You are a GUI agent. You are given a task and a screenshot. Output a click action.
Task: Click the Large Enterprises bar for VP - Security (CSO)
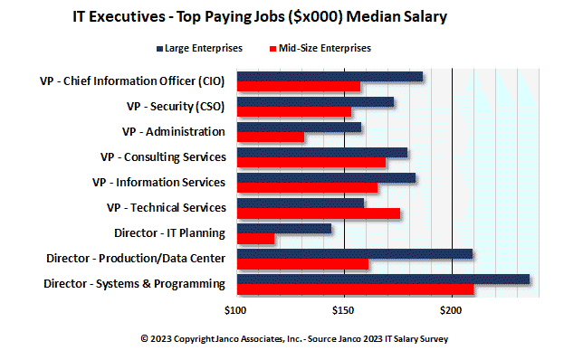click(x=314, y=101)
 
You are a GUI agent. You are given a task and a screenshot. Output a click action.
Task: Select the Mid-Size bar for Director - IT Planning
click(x=254, y=239)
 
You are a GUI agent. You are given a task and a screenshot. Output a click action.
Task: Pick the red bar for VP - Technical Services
click(x=317, y=213)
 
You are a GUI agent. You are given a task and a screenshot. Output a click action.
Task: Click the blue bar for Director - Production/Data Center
click(x=353, y=253)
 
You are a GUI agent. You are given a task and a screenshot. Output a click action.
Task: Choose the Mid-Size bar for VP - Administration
click(x=270, y=137)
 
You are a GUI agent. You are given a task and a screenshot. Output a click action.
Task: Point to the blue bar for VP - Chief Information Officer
click(x=329, y=77)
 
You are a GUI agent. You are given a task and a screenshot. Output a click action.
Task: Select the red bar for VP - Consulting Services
click(x=311, y=163)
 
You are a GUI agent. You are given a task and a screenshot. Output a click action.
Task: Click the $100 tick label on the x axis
click(x=235, y=310)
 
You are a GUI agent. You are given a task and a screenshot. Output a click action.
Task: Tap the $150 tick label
click(x=343, y=310)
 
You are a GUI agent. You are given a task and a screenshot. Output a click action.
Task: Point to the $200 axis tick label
click(x=452, y=310)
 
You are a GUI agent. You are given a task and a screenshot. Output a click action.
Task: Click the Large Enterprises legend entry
click(x=197, y=48)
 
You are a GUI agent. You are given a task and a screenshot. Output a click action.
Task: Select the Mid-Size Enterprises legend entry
click(x=319, y=48)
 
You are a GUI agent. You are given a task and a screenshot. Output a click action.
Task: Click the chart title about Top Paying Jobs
click(x=259, y=17)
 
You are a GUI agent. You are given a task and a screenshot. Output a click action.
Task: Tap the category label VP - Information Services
click(x=158, y=182)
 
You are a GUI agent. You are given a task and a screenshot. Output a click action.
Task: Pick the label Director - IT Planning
click(x=169, y=232)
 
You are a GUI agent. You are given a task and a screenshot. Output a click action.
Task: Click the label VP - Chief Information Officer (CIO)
click(x=132, y=81)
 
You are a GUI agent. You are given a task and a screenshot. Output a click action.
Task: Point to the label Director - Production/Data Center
click(x=136, y=259)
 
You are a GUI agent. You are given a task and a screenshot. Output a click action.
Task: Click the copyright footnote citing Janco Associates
click(x=294, y=338)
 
